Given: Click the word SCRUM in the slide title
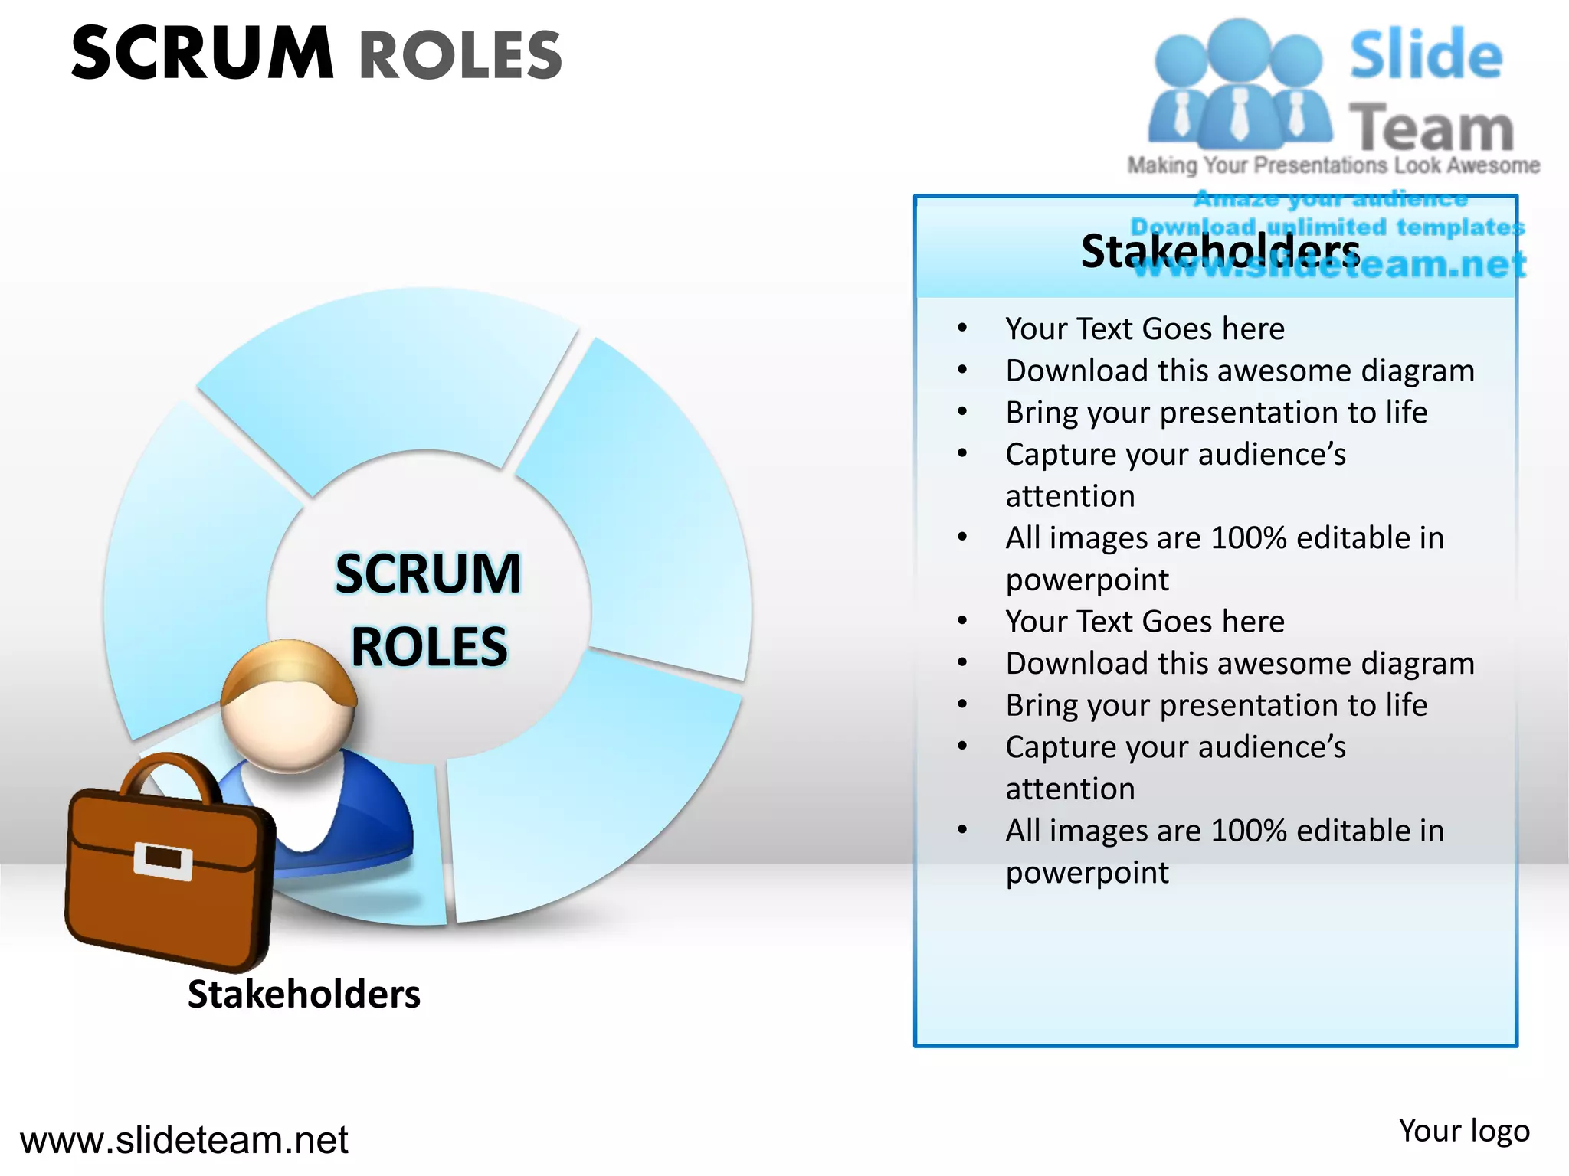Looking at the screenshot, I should (x=202, y=54).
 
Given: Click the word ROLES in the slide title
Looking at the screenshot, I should (x=460, y=55).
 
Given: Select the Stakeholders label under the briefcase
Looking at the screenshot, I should (x=303, y=994).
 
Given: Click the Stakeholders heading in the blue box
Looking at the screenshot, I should (x=1220, y=250).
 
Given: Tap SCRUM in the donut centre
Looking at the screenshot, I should (x=428, y=573).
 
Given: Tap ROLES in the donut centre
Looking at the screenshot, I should (x=429, y=647).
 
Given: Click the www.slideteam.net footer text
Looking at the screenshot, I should (x=184, y=1139).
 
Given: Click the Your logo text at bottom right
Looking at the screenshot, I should (x=1463, y=1131).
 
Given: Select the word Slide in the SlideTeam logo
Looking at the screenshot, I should (x=1426, y=55).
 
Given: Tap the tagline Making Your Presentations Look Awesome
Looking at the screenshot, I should (x=1333, y=165).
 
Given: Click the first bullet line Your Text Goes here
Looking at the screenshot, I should (x=1145, y=328).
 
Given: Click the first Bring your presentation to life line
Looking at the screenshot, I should (x=1216, y=412).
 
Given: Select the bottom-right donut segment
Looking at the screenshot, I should (x=582, y=796).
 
